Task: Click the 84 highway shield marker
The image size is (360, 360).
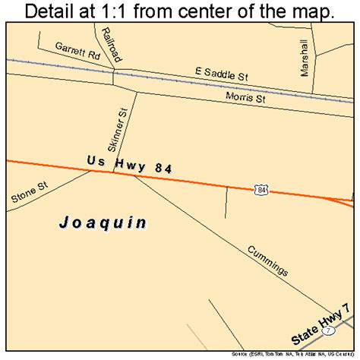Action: [261, 189]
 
